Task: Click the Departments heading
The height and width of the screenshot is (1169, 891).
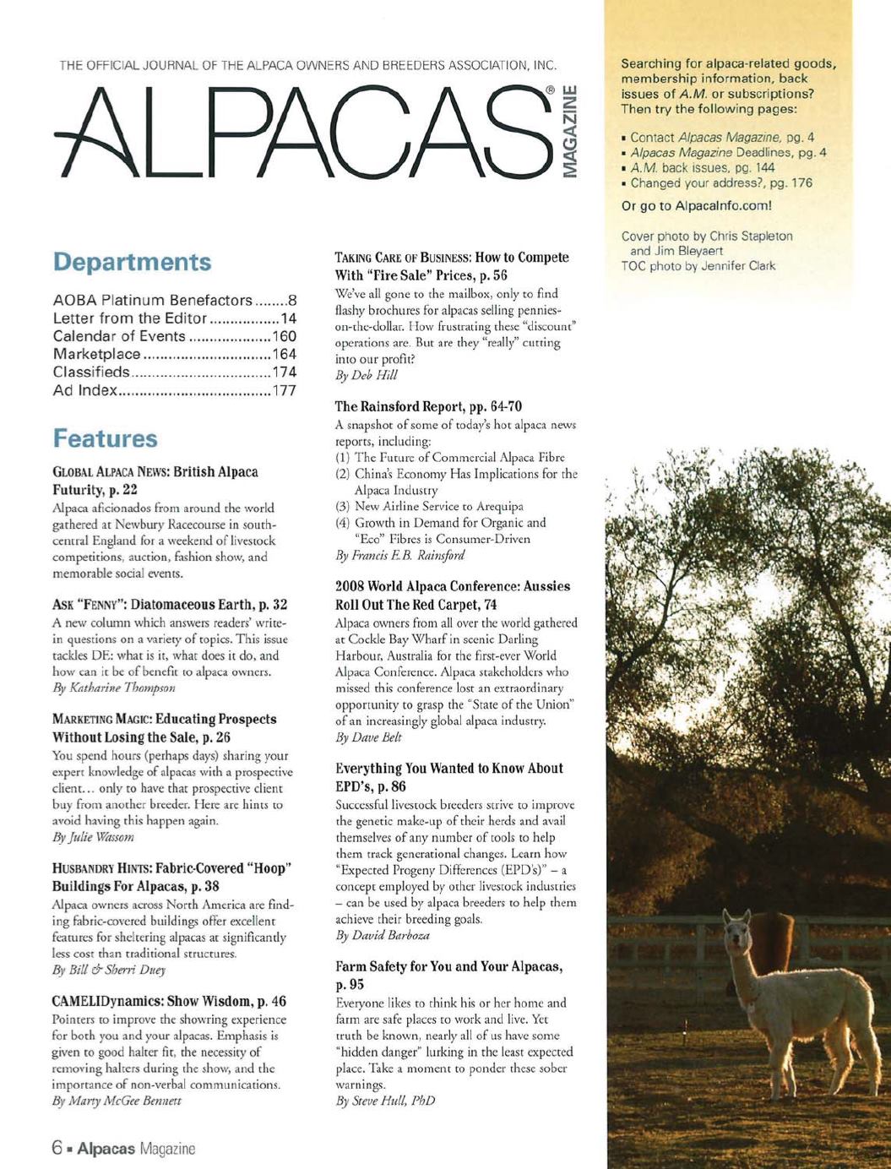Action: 132,262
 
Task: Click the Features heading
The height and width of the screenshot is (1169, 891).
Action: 105,438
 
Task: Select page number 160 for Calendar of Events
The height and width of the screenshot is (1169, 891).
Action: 285,336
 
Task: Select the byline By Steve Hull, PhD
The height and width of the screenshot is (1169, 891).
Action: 385,1101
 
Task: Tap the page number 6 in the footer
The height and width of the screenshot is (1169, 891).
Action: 57,1149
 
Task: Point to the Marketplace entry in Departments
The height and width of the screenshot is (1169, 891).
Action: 96,354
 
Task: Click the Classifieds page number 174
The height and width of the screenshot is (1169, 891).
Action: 285,372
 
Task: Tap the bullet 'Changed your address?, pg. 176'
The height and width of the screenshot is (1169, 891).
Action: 720,182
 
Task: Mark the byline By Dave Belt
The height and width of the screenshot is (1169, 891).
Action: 368,737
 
